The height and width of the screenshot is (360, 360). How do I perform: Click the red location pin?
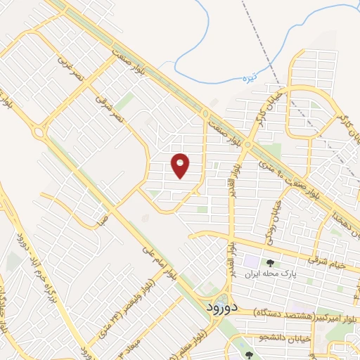[181, 165]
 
